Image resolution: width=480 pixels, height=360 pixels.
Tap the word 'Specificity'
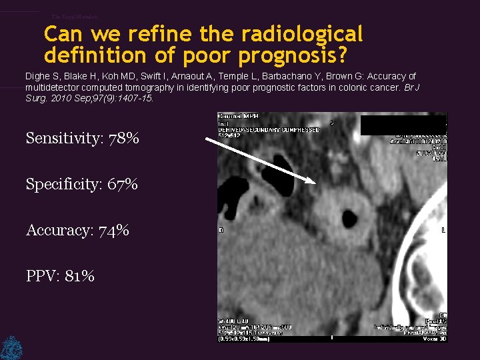click(61, 185)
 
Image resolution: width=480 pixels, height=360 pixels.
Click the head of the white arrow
click(313, 181)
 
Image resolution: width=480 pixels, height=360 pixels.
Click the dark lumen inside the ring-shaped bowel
click(348, 217)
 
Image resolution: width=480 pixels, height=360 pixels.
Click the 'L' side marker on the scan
click(443, 229)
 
